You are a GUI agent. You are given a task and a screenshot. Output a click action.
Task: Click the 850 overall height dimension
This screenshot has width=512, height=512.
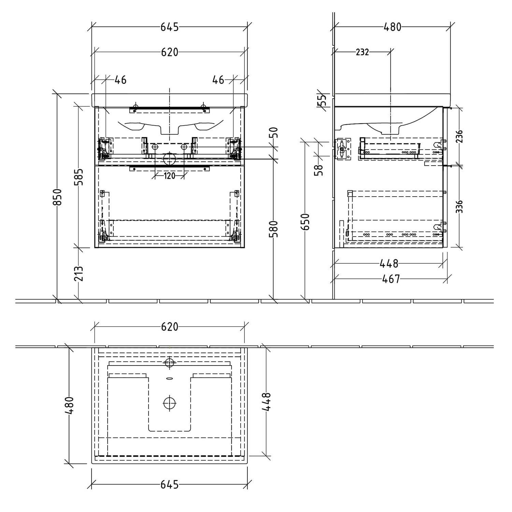point(58,197)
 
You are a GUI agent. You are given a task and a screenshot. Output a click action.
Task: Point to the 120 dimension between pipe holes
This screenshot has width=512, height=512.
point(169,176)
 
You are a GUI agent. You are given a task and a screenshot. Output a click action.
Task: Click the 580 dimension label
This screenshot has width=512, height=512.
point(275,229)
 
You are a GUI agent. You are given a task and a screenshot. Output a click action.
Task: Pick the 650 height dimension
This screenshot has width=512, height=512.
point(306,221)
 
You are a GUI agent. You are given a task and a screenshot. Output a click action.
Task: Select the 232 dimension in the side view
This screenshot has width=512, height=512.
point(362,52)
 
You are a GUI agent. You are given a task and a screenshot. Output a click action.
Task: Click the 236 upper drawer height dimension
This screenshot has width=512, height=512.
point(459,136)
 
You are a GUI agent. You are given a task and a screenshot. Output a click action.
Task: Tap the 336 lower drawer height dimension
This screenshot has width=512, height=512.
point(459,207)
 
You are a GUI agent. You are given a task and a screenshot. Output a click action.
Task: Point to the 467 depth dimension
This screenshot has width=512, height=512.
point(391,279)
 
